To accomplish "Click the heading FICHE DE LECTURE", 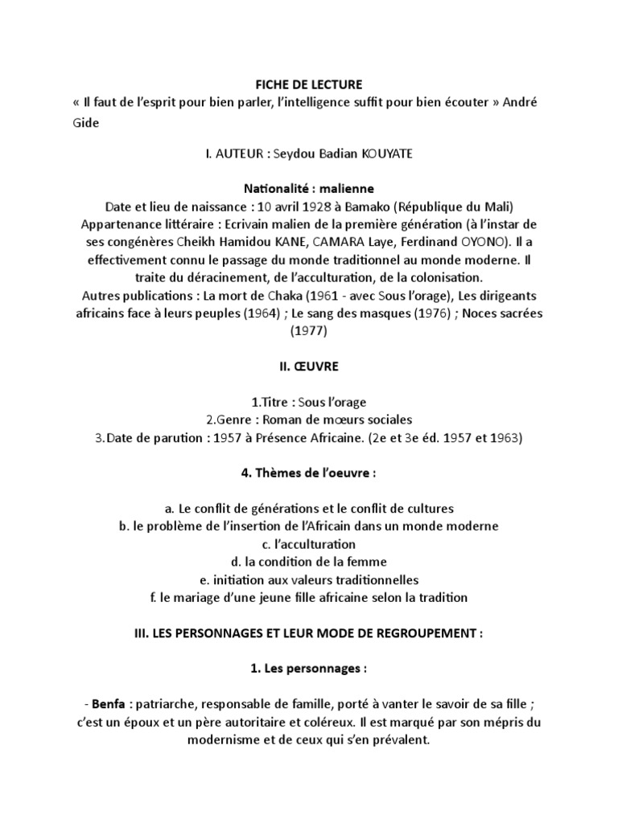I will coord(308,84).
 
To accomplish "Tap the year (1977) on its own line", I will coord(309,330).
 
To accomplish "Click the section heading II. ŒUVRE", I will coord(309,366).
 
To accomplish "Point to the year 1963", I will coord(502,437).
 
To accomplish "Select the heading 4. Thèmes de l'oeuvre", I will coord(309,473).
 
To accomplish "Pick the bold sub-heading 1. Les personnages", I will coord(309,669).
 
